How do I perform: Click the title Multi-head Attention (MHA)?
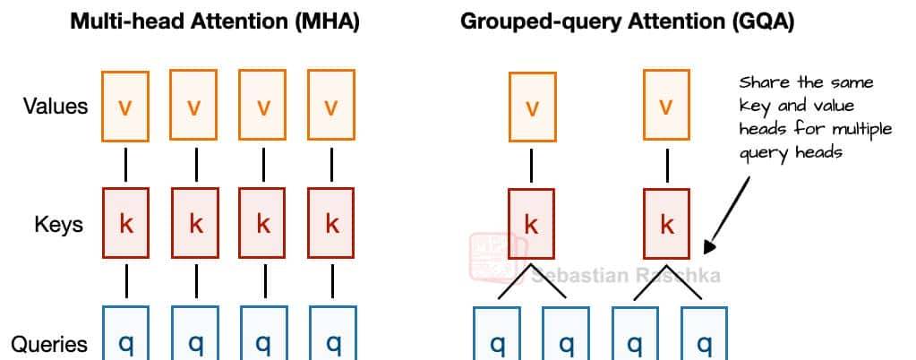215,21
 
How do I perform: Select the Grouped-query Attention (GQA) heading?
627,21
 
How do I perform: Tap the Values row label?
56,107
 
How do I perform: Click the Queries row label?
50,344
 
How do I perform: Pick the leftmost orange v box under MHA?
126,107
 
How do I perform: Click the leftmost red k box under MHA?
126,224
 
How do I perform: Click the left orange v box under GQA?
532,107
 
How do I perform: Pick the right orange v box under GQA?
666,107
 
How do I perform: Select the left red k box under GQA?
532,224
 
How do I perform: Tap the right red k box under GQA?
666,224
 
